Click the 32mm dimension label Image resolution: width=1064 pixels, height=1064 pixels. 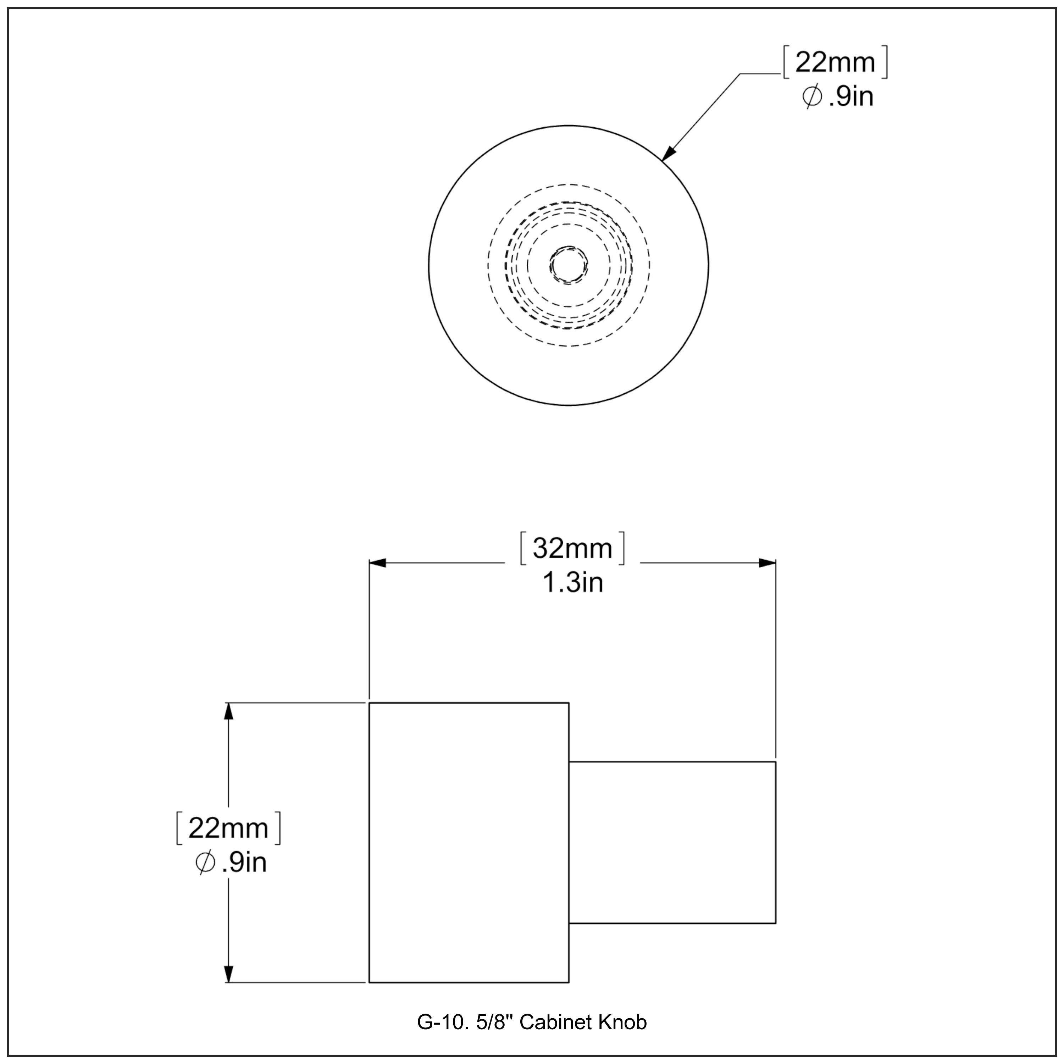pos(573,549)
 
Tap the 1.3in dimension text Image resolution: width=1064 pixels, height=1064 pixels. pos(573,583)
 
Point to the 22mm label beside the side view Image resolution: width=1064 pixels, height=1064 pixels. pos(228,828)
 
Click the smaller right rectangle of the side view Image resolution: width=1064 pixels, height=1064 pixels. pos(672,843)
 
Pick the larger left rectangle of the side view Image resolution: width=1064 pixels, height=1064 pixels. pos(469,843)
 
